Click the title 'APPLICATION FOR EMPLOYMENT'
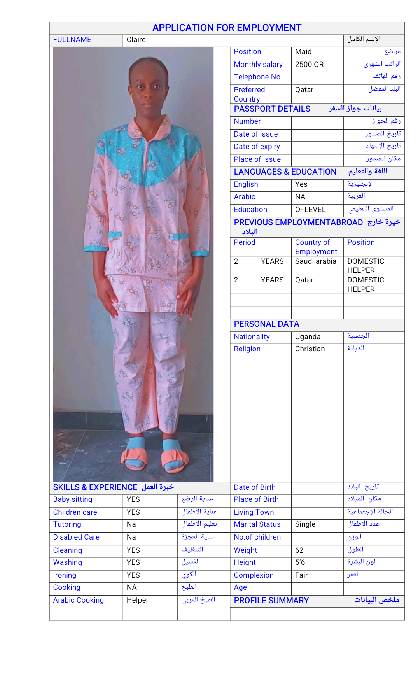[227, 28]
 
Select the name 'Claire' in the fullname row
[136, 40]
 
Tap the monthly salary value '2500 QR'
[309, 65]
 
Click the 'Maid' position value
[303, 52]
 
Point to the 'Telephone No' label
[257, 77]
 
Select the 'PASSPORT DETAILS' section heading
[272, 109]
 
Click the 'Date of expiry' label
[257, 147]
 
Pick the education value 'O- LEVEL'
[310, 210]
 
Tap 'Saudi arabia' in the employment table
[315, 261]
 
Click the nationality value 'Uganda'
[308, 337]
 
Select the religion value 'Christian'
[310, 349]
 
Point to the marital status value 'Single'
[305, 524]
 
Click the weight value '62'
[299, 550]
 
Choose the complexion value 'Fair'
[301, 575]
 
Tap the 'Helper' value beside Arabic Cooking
[138, 600]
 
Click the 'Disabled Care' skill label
[76, 537]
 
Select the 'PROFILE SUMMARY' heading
[271, 601]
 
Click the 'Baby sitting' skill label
[73, 499]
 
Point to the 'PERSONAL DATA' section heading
[266, 324]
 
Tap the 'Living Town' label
[254, 512]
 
